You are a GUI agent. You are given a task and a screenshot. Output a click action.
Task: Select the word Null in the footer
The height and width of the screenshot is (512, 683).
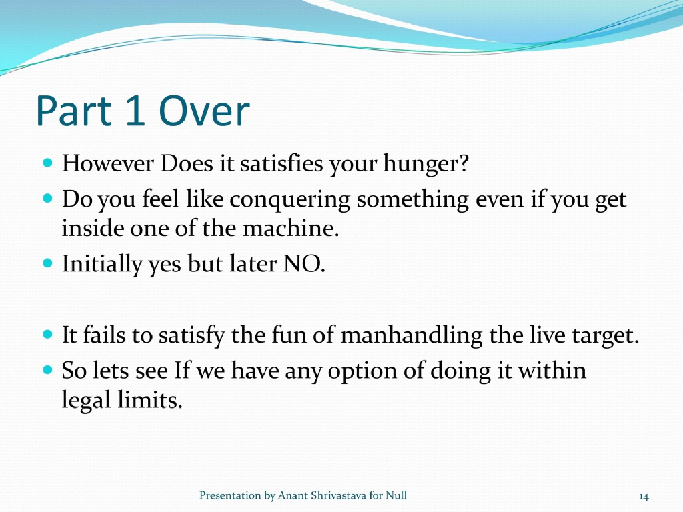396,495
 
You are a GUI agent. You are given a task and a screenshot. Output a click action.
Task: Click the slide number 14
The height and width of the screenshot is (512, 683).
644,496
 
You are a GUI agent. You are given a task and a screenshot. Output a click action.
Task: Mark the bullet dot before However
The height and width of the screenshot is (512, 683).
47,163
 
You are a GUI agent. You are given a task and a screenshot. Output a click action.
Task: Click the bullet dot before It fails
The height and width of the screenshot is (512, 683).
47,333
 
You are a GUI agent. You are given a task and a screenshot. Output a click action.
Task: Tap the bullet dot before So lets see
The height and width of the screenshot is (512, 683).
47,368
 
